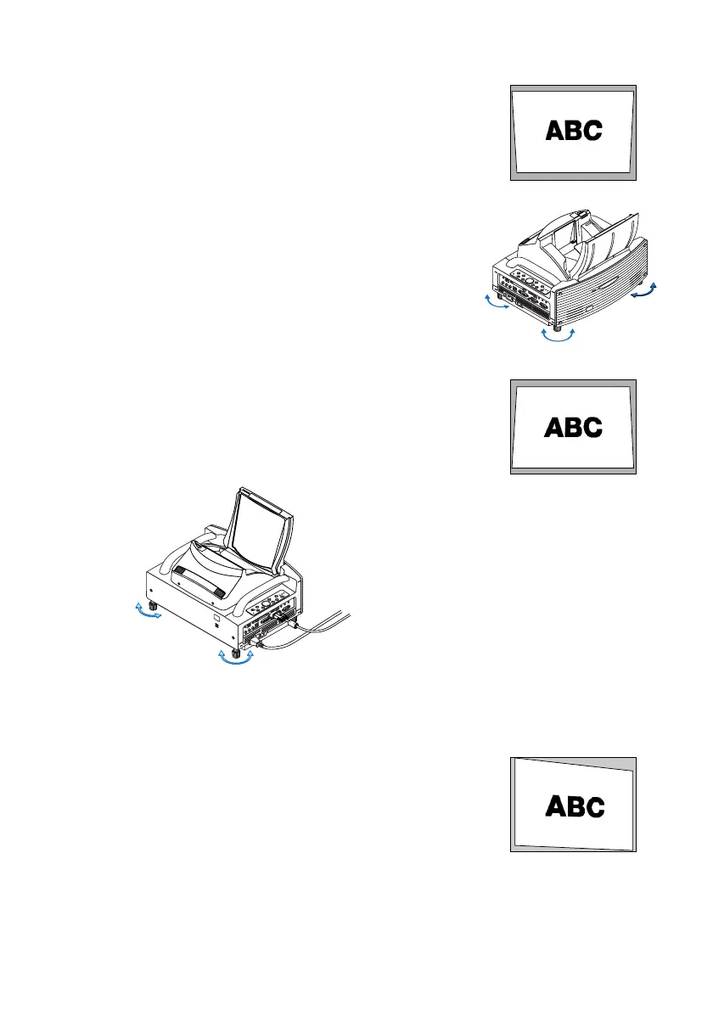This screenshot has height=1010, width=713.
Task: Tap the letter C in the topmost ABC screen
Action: [592, 131]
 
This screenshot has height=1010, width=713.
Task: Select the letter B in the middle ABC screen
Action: [574, 427]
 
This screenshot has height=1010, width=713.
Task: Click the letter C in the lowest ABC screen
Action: [592, 806]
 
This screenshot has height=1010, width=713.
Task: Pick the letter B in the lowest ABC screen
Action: [574, 806]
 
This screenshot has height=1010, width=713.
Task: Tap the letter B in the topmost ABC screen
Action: [574, 131]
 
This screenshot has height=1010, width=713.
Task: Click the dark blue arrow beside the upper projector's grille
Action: [644, 291]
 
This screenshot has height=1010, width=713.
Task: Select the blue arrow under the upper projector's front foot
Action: [557, 338]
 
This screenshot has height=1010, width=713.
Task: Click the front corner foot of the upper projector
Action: [556, 324]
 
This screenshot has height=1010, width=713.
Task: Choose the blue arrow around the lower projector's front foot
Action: [236, 660]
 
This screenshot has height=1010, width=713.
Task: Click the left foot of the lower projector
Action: [154, 606]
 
